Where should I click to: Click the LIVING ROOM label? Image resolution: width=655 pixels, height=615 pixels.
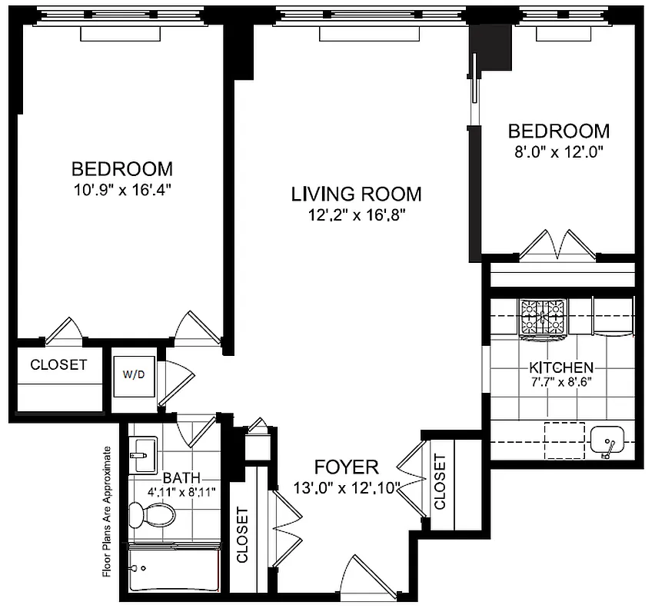pos(355,193)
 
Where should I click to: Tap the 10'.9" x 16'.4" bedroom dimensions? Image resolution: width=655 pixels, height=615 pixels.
pos(121,188)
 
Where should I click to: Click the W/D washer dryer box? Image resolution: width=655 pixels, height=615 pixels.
pos(134,374)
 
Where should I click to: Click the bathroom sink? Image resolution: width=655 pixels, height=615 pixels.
pos(142,454)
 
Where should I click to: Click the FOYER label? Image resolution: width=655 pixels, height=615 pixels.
pos(346,467)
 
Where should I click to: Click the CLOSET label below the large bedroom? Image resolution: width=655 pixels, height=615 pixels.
pos(58,365)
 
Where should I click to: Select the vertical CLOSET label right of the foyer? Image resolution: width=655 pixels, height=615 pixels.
pos(440,482)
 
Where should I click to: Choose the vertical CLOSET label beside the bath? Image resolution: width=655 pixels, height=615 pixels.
pos(243,534)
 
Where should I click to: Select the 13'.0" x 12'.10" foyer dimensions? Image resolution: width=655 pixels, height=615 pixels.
pos(347,487)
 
